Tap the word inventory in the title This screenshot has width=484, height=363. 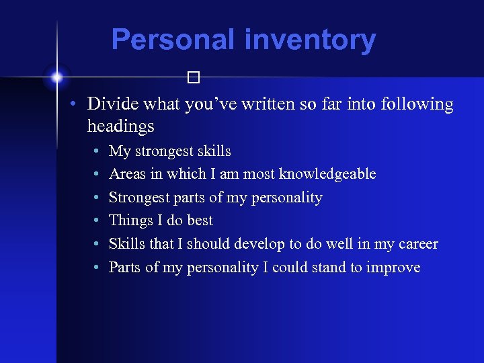pyautogui.click(x=310, y=40)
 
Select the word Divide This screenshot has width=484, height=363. pyautogui.click(x=112, y=104)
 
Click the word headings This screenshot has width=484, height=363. pyautogui.click(x=120, y=126)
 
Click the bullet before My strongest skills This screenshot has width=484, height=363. pyautogui.click(x=97, y=151)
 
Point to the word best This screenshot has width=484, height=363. pyautogui.click(x=199, y=220)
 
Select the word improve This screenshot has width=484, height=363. pyautogui.click(x=393, y=268)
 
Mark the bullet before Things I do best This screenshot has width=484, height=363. pyautogui.click(x=97, y=221)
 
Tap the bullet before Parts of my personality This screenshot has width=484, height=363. pyautogui.click(x=97, y=268)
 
